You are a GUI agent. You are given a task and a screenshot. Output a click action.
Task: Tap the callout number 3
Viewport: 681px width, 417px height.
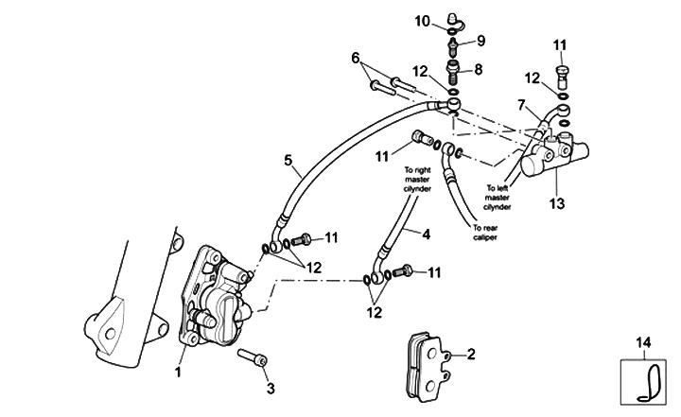270,387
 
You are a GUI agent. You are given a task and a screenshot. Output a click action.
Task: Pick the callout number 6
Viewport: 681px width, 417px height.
356,58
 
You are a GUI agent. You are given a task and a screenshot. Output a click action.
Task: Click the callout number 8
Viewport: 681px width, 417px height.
479,69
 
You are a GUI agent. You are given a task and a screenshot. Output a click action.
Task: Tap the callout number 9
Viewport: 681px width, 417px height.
480,41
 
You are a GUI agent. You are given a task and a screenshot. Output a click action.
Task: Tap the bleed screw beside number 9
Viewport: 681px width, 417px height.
455,42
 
